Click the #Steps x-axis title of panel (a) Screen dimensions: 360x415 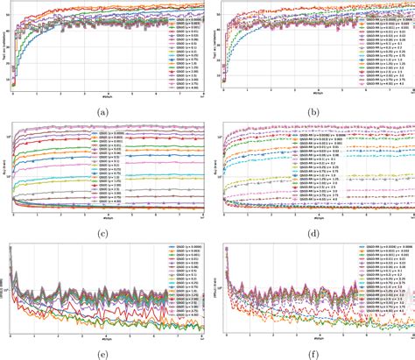(105, 96)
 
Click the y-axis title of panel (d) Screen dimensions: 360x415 (212, 166)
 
